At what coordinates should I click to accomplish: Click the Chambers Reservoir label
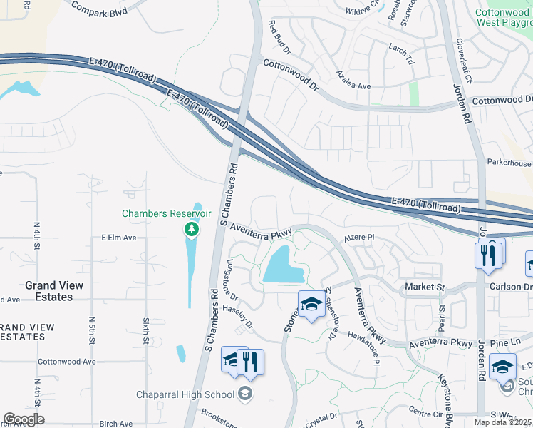(167, 213)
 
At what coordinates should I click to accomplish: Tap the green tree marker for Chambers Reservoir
(191, 229)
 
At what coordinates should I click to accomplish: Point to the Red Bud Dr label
(280, 37)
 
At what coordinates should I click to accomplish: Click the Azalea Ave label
(354, 86)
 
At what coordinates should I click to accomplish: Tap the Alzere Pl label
(359, 238)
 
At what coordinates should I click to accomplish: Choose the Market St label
(425, 287)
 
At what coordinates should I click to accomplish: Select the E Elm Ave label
(118, 238)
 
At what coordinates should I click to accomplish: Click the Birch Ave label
(116, 423)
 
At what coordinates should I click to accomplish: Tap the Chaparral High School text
(185, 394)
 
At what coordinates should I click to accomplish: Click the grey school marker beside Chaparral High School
(244, 394)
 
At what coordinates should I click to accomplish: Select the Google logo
(24, 419)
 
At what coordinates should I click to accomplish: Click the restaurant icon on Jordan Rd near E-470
(488, 255)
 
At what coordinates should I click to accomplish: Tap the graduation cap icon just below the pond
(311, 305)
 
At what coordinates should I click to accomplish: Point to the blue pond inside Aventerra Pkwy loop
(284, 265)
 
